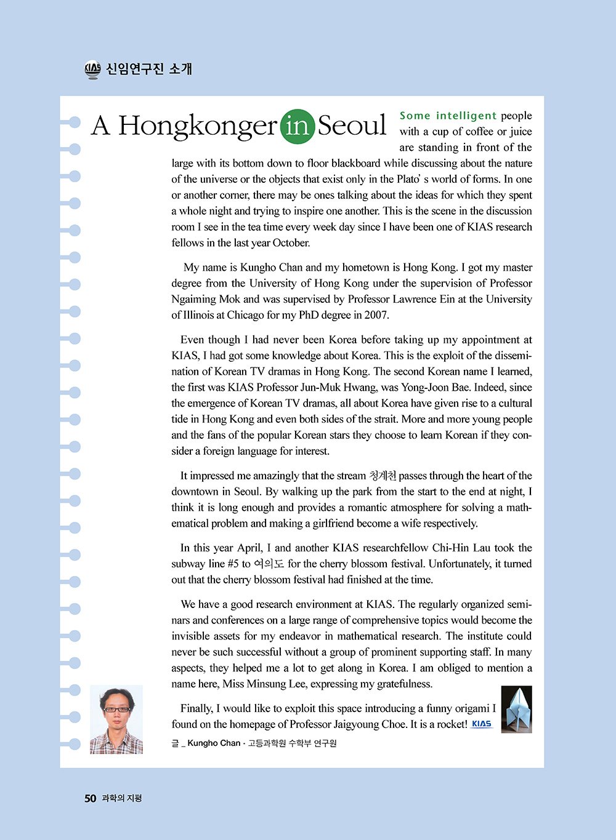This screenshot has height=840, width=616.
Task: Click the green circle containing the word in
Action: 298,126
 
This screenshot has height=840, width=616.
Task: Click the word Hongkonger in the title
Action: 197,126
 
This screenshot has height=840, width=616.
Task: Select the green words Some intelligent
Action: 448,116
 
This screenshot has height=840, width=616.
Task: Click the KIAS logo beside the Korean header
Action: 92,70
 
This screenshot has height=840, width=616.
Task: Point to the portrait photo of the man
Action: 116,719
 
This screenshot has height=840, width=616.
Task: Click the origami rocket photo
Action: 516,710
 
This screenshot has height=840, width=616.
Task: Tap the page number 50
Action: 91,798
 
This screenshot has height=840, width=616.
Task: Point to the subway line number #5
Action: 233,564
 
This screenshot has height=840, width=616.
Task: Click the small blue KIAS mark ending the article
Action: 481,724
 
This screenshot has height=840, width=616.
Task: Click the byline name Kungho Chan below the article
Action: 214,743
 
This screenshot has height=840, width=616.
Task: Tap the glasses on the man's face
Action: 116,710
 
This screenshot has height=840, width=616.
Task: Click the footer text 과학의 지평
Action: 121,798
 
